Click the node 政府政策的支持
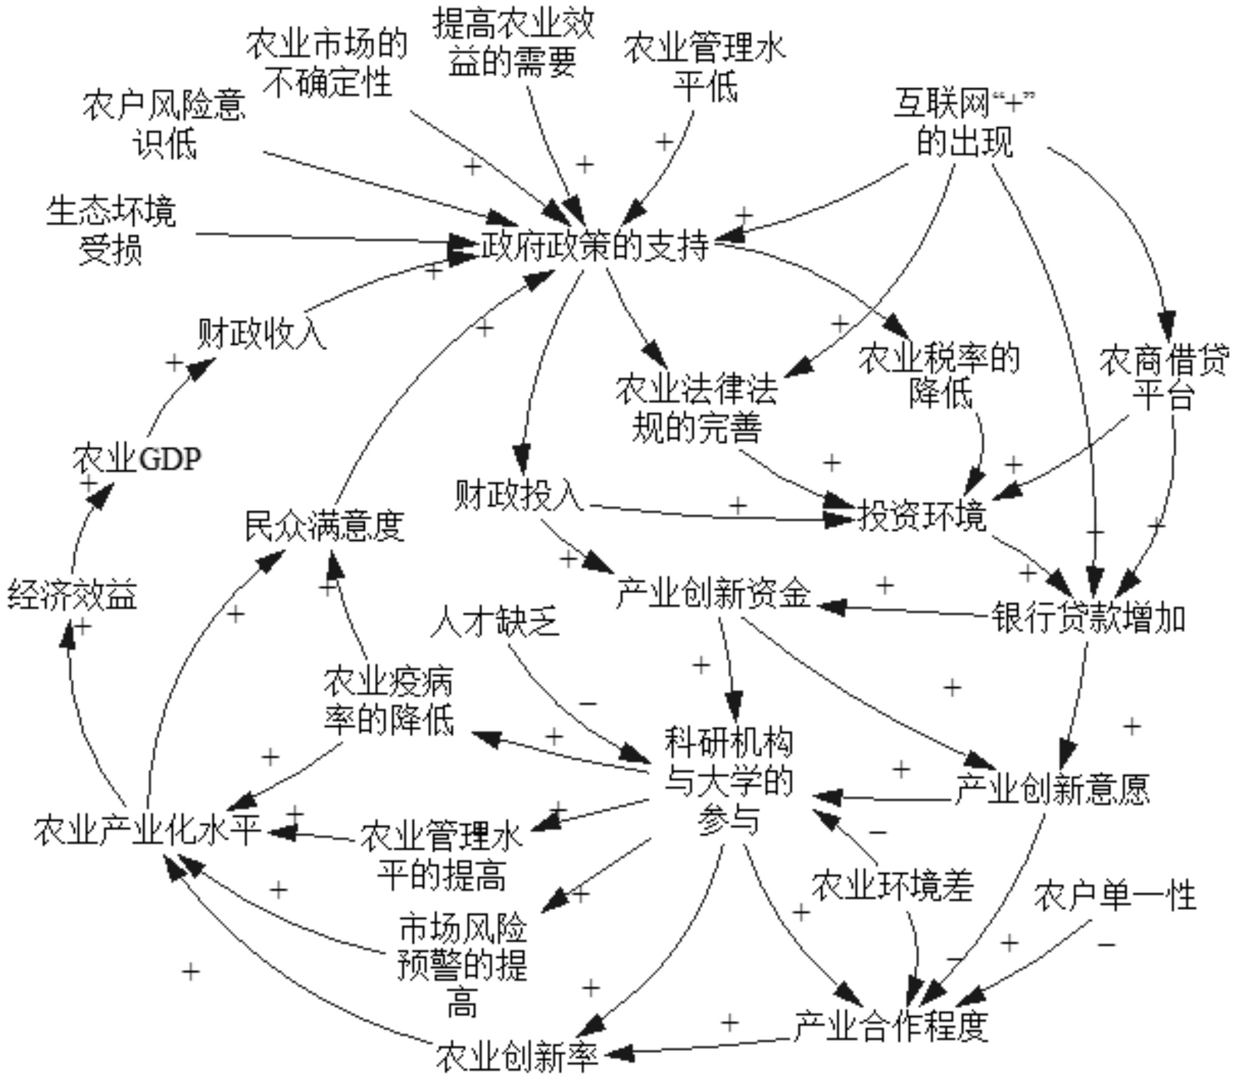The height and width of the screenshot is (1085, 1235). coord(595,246)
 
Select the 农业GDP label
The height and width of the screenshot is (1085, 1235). coord(137,459)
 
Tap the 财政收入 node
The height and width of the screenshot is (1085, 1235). coord(262,333)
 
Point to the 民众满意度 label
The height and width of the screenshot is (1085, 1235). coord(325,526)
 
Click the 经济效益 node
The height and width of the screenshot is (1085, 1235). coord(72,595)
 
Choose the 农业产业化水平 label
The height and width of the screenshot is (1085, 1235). coord(147,830)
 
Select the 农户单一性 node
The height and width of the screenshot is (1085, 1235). coord(1115,896)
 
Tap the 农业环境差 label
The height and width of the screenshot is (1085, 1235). coord(892,886)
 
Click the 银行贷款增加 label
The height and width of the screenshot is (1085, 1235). coord(1088,618)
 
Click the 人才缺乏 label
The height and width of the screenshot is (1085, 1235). coord(496,621)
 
